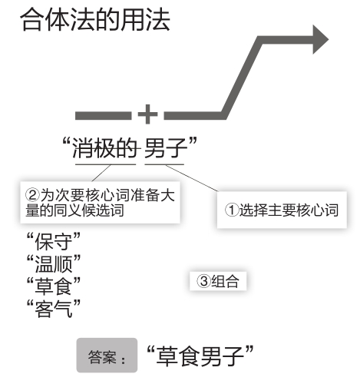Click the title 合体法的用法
[x=95, y=20]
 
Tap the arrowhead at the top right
[x=320, y=40]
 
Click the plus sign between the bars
[x=147, y=114]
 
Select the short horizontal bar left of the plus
[x=103, y=116]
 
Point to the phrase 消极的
[x=105, y=147]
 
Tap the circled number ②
[x=32, y=195]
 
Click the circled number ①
[x=232, y=210]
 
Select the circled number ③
[x=203, y=281]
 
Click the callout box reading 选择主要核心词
[x=282, y=210]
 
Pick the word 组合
[x=225, y=281]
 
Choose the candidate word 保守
[x=54, y=241]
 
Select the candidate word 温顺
[x=54, y=263]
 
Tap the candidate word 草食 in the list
[x=54, y=286]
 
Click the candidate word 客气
[x=54, y=308]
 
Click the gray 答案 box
[x=107, y=356]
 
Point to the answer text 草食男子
[x=200, y=356]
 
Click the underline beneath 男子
[x=164, y=164]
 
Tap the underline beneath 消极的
[x=105, y=164]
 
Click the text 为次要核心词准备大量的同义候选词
[x=100, y=203]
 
